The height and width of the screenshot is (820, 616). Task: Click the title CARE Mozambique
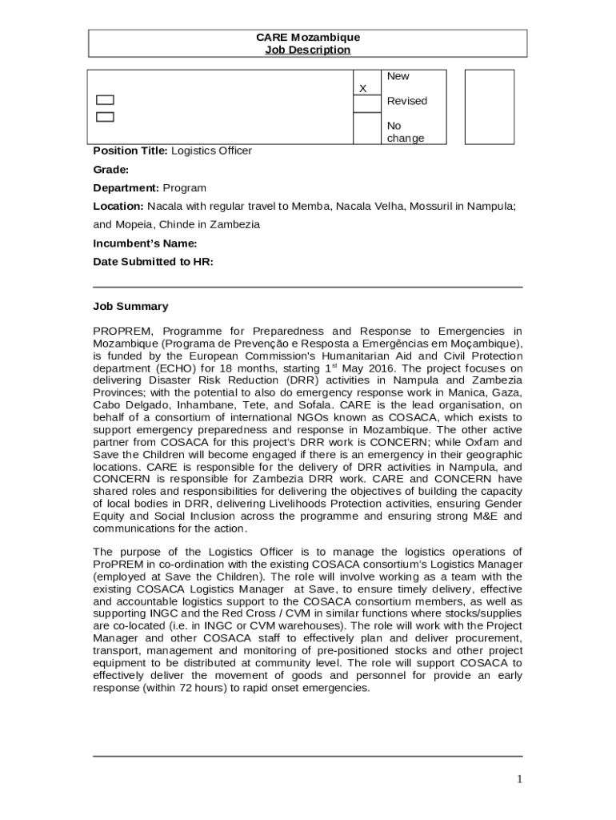pyautogui.click(x=307, y=38)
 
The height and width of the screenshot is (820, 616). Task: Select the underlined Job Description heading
pyautogui.click(x=307, y=50)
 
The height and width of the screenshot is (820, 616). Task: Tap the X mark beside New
pyautogui.click(x=362, y=88)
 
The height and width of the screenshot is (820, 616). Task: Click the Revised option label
pyautogui.click(x=406, y=101)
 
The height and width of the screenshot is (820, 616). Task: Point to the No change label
pyautogui.click(x=405, y=132)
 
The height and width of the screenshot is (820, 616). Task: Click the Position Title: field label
pyautogui.click(x=130, y=151)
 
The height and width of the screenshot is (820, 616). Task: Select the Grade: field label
pyautogui.click(x=110, y=170)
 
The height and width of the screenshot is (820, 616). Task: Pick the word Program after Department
pyautogui.click(x=184, y=188)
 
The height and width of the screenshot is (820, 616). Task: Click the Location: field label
pyautogui.click(x=118, y=207)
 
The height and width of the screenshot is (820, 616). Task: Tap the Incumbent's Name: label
pyautogui.click(x=145, y=243)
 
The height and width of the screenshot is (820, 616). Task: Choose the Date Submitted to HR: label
pyautogui.click(x=153, y=262)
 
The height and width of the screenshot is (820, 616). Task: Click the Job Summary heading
pyautogui.click(x=130, y=306)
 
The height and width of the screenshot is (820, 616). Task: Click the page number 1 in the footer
pyautogui.click(x=519, y=779)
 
